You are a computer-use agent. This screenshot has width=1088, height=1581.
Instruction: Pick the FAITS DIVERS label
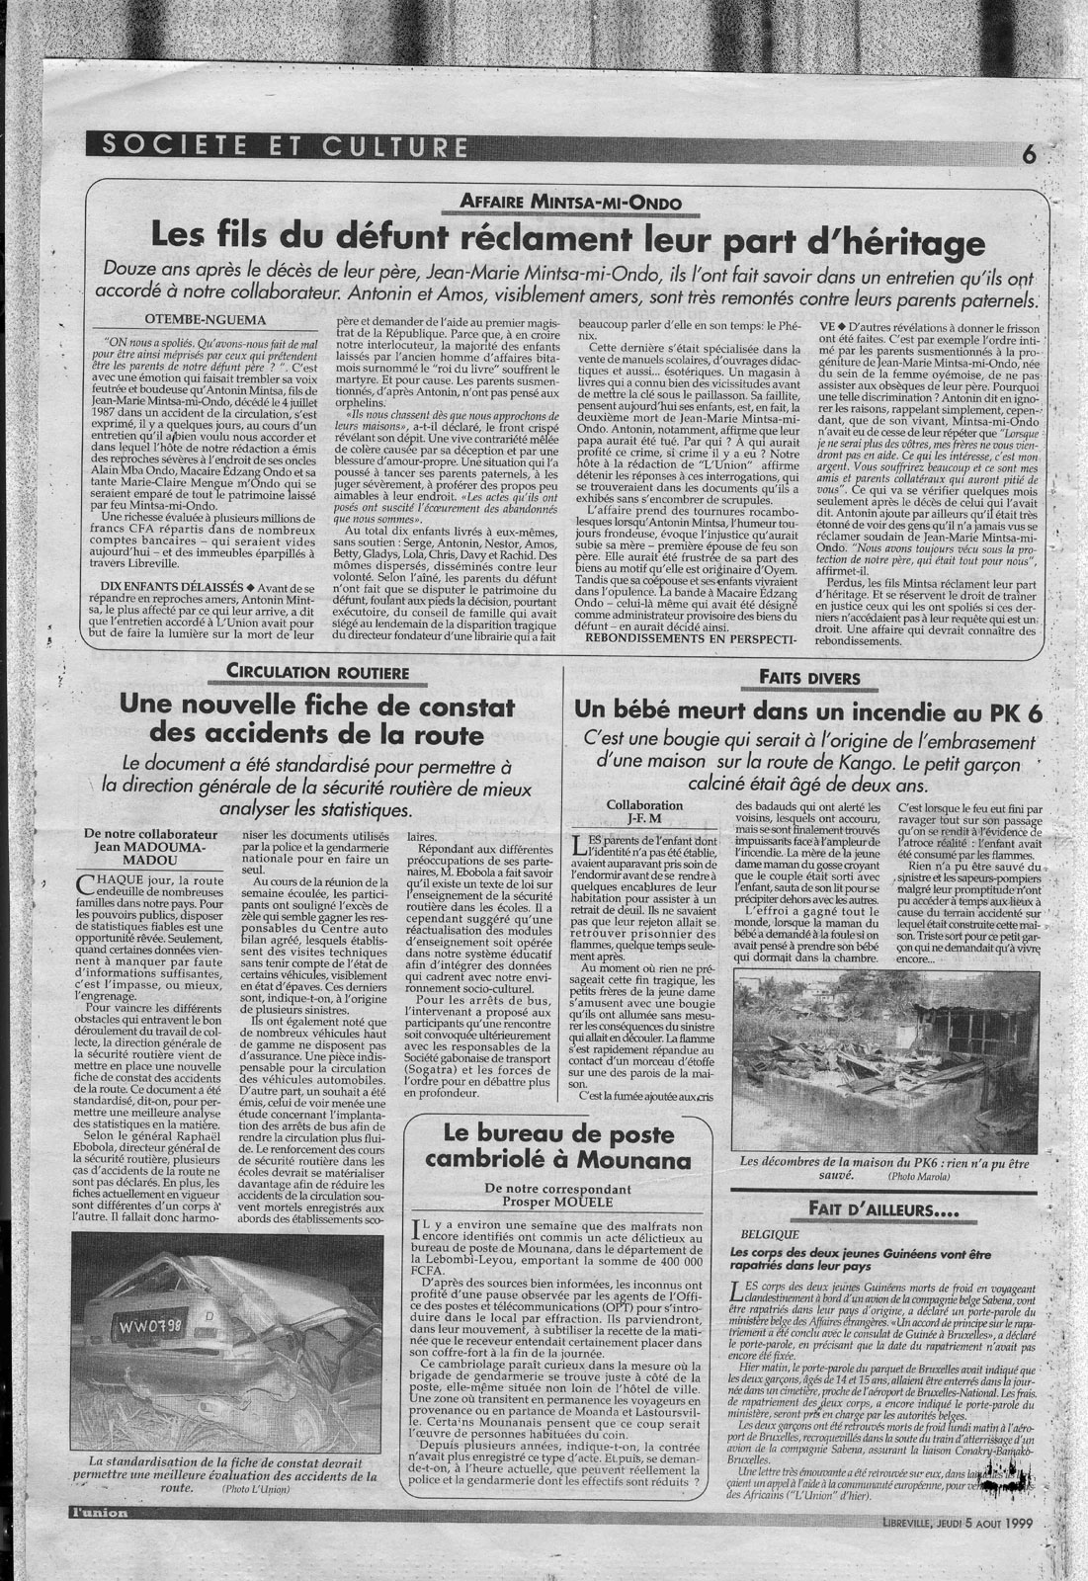coord(810,677)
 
